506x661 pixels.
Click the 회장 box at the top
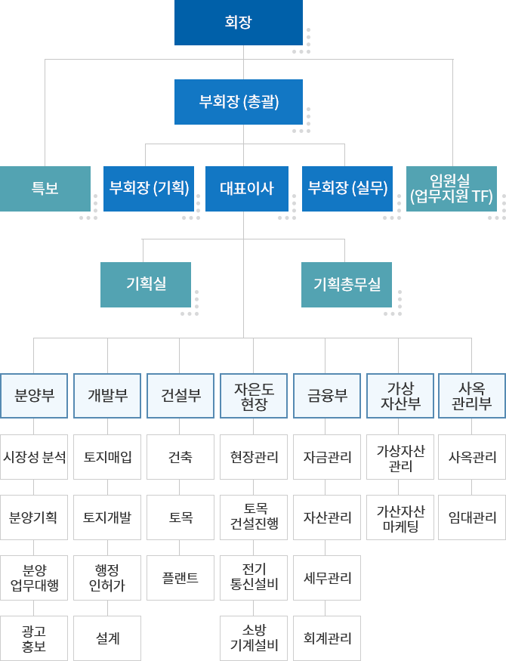click(239, 23)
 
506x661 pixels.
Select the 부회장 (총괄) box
click(239, 102)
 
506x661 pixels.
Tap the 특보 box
click(45, 189)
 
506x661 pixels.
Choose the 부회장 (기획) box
click(149, 189)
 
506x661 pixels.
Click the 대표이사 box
click(247, 189)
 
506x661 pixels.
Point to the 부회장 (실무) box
click(347, 189)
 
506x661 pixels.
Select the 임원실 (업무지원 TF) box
click(451, 189)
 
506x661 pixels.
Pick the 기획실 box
click(146, 285)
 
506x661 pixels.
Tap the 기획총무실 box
click(347, 285)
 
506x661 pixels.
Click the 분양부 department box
click(34, 396)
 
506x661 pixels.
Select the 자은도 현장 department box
click(254, 396)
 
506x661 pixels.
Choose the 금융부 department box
click(327, 396)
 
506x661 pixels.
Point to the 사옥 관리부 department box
click(472, 396)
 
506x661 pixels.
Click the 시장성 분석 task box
click(34, 457)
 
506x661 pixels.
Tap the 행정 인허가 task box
click(107, 578)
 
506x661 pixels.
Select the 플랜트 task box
click(180, 578)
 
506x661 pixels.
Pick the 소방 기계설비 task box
click(254, 638)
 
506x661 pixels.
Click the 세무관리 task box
click(327, 578)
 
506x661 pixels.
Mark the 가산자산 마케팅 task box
click(400, 517)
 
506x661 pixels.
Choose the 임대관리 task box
click(472, 517)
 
